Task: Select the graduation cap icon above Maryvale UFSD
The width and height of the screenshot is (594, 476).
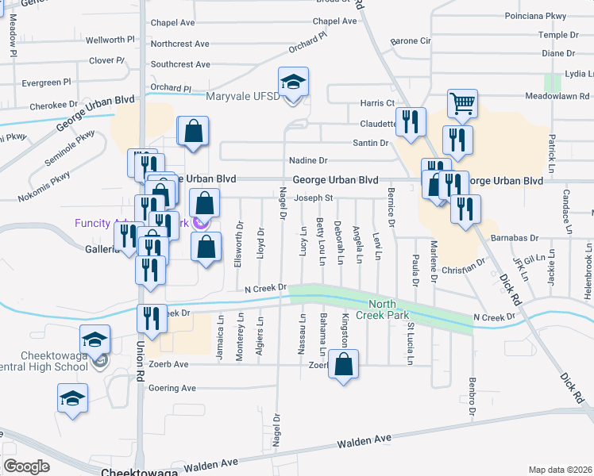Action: (x=293, y=82)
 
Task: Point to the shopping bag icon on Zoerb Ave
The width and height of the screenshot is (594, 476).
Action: (x=343, y=365)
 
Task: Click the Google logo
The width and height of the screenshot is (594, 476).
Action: (x=25, y=466)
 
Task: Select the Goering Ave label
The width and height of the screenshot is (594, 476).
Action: (x=172, y=388)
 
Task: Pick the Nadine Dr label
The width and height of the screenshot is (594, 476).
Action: (x=308, y=160)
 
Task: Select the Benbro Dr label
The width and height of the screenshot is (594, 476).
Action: (x=472, y=397)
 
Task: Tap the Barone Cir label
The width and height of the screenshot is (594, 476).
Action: (x=411, y=40)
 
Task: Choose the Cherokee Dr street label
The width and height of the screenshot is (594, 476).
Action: (x=54, y=105)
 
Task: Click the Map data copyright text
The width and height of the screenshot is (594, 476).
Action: (x=560, y=470)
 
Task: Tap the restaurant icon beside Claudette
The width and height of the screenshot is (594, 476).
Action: (x=410, y=123)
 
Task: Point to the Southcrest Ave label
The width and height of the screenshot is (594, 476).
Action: (x=180, y=64)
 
